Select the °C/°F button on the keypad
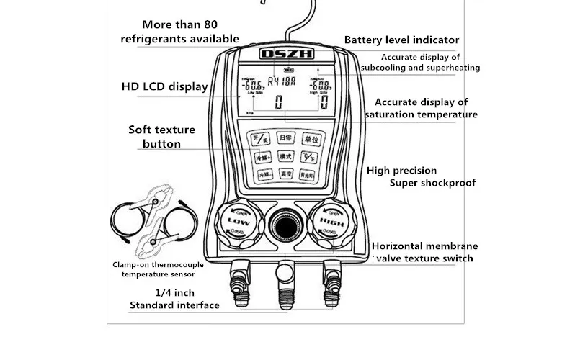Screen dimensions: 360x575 308,156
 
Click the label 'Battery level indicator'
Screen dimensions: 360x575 401,40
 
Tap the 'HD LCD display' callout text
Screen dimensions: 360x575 164,87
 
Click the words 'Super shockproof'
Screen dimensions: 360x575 432,183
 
